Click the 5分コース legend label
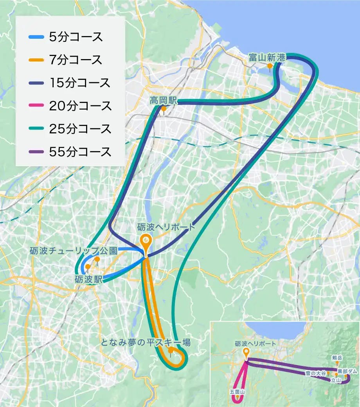[76, 38]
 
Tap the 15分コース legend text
[80, 83]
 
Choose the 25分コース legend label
[80, 129]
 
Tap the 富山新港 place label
[267, 58]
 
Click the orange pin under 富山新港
[270, 67]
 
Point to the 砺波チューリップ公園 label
[74, 250]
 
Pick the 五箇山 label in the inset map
[237, 391]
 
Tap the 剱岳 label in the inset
[337, 358]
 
